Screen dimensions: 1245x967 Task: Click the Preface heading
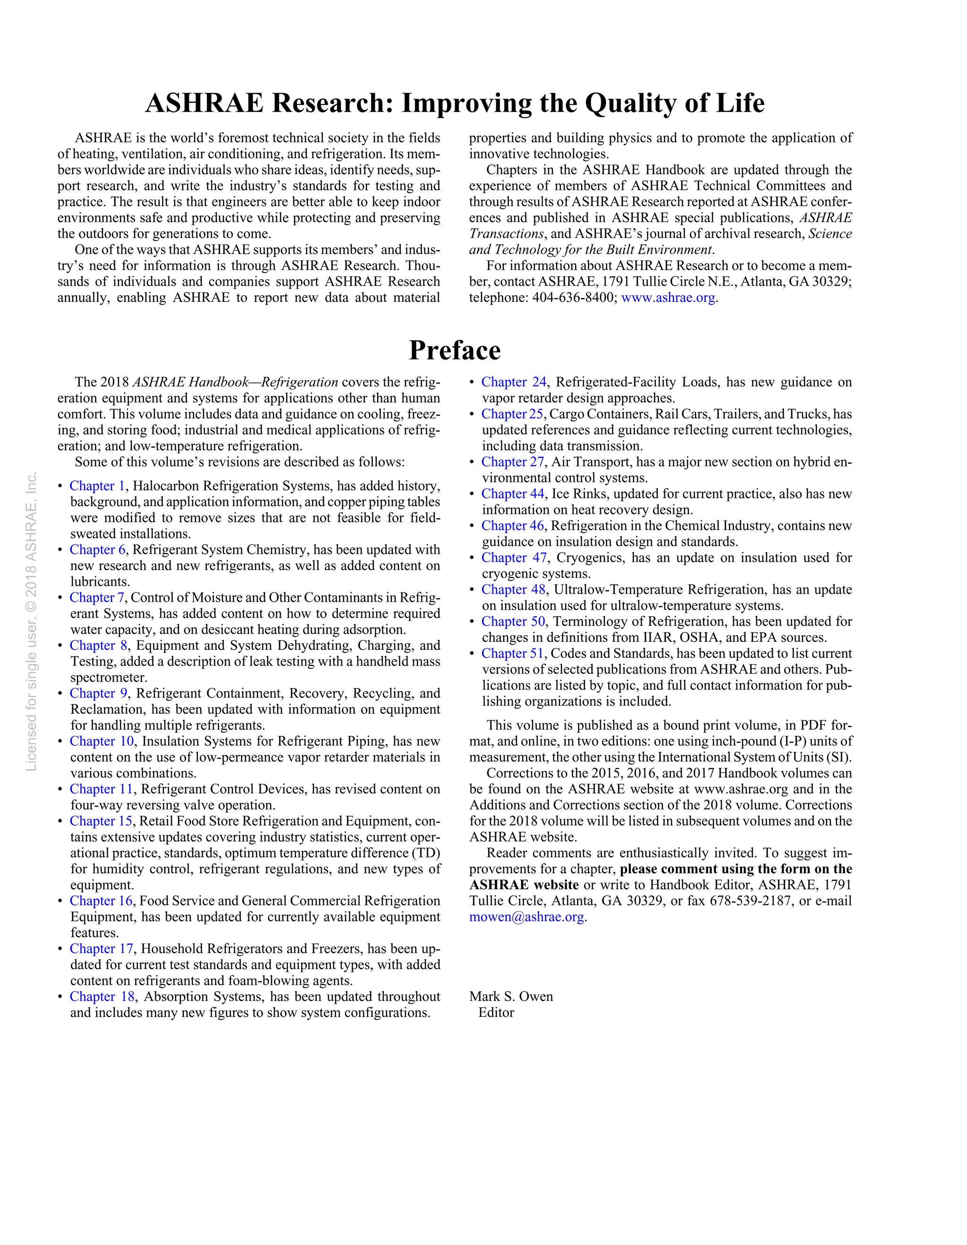click(454, 350)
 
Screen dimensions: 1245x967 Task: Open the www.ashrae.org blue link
click(668, 298)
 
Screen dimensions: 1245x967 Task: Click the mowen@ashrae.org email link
click(526, 917)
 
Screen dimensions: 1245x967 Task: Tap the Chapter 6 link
click(97, 550)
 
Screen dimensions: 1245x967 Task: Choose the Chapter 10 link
click(102, 741)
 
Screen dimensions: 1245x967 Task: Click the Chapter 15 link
click(101, 821)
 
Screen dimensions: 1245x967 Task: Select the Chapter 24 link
click(513, 382)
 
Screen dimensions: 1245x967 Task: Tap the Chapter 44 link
click(513, 494)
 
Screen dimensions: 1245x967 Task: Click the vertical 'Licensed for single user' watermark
click(31, 622)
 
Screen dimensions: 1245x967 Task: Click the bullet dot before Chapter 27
click(472, 462)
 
